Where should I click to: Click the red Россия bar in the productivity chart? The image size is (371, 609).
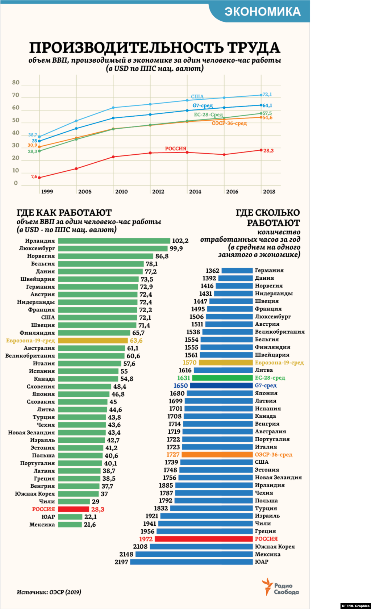pos(74,509)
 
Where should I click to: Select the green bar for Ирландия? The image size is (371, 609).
pos(114,241)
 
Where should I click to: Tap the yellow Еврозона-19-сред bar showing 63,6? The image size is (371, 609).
pos(93,341)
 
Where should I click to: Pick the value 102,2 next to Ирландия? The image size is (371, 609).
pos(180,241)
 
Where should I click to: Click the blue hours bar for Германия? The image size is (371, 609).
pos(237,271)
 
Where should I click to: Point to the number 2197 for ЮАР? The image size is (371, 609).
pos(121,562)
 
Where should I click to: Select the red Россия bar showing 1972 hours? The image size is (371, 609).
pos(204,539)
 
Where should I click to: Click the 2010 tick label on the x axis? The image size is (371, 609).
pos(121,192)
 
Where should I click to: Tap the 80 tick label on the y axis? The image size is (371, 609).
pos(16,83)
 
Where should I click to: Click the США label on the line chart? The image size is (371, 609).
pos(197,96)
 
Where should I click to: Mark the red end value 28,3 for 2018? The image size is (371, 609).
pos(268,151)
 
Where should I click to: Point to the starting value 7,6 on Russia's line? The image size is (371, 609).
pos(34,177)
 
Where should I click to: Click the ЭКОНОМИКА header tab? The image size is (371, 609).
pos(262,12)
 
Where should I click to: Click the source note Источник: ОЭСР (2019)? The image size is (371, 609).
pos(49,592)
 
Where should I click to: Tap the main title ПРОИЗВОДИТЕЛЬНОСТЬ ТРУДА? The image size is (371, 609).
pos(155,48)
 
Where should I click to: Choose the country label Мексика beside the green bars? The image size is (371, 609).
pos(42,525)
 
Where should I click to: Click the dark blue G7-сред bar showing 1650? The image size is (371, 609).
pos(221,386)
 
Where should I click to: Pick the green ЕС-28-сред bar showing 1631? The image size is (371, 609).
pos(222,378)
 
